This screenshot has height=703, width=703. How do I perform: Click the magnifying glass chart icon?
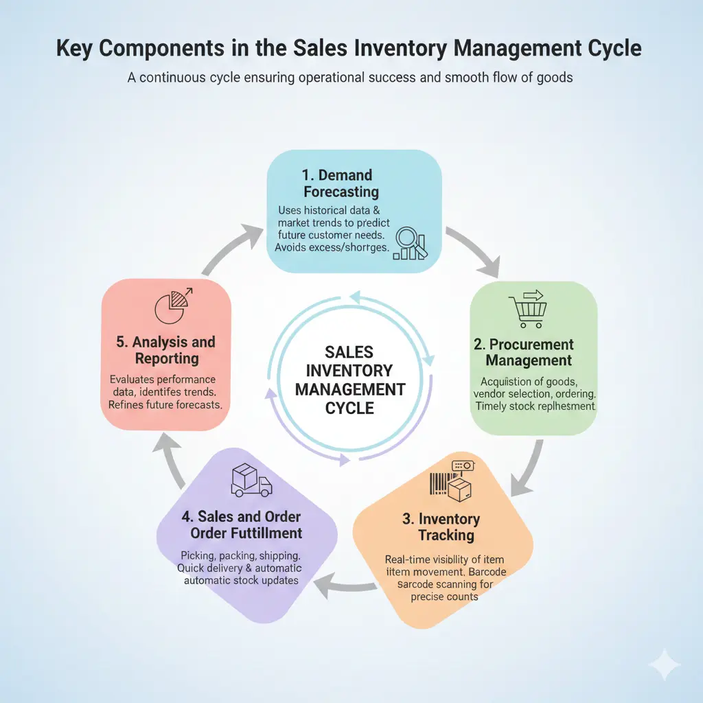click(410, 244)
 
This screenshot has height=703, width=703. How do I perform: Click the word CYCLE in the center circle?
click(350, 408)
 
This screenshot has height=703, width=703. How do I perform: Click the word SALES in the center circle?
click(350, 352)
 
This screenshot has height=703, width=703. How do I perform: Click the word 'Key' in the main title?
click(76, 49)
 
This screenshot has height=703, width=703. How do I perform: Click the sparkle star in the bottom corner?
click(665, 664)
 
